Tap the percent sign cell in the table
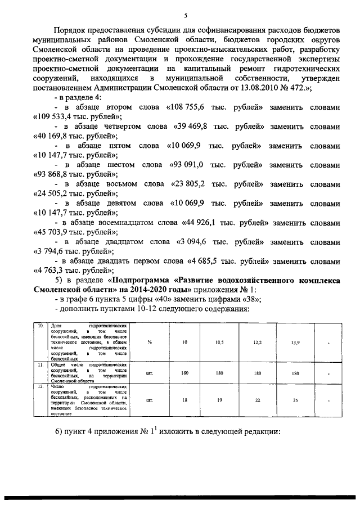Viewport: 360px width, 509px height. [150, 343]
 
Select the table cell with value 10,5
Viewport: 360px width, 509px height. [220, 343]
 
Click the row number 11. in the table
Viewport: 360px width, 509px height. [41, 364]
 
